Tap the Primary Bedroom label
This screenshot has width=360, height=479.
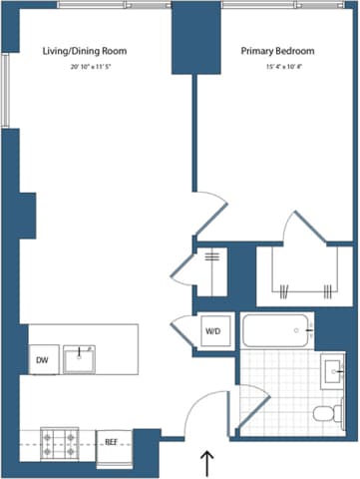[x=276, y=50]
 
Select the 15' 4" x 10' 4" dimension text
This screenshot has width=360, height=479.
[x=276, y=68]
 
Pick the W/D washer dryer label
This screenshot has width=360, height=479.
[x=212, y=331]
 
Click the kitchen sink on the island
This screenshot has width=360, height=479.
[x=79, y=357]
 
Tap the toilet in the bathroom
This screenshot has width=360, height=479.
[x=324, y=414]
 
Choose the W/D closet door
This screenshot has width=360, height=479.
[x=183, y=329]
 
